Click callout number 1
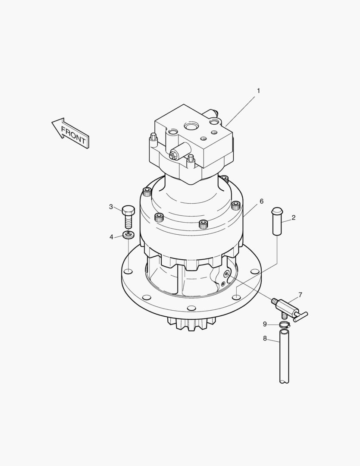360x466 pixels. coord(258,91)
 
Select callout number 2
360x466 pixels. coord(294,218)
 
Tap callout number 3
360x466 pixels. coord(111,207)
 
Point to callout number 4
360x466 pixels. coord(111,237)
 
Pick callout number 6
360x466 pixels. coord(261,202)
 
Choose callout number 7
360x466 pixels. coord(300,295)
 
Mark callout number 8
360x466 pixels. coord(265,339)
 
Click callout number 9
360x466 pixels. coord(265,324)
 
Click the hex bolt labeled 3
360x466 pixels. coord(128,217)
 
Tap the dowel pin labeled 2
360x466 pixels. coord(277,221)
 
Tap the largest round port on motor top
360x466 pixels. coord(191,126)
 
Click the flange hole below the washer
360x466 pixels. coord(128,271)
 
